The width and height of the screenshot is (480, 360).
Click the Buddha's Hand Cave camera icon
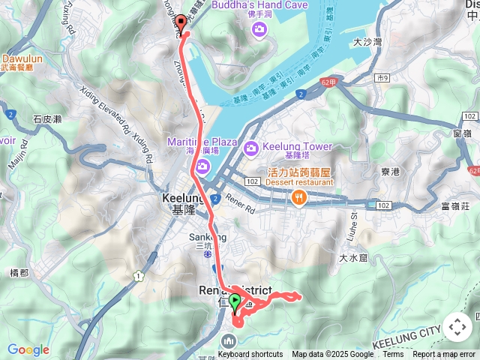(x=259, y=28)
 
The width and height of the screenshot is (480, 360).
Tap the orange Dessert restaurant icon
(x=299, y=197)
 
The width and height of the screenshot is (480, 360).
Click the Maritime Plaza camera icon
(x=202, y=166)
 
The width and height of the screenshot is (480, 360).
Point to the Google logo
(x=28, y=349)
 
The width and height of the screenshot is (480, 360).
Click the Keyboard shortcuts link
(x=250, y=355)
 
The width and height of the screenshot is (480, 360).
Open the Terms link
(x=393, y=355)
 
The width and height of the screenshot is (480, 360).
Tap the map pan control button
(x=457, y=327)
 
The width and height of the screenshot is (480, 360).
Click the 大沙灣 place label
(x=367, y=42)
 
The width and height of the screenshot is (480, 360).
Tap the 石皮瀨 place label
(x=46, y=118)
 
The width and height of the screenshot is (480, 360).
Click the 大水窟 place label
(x=351, y=258)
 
